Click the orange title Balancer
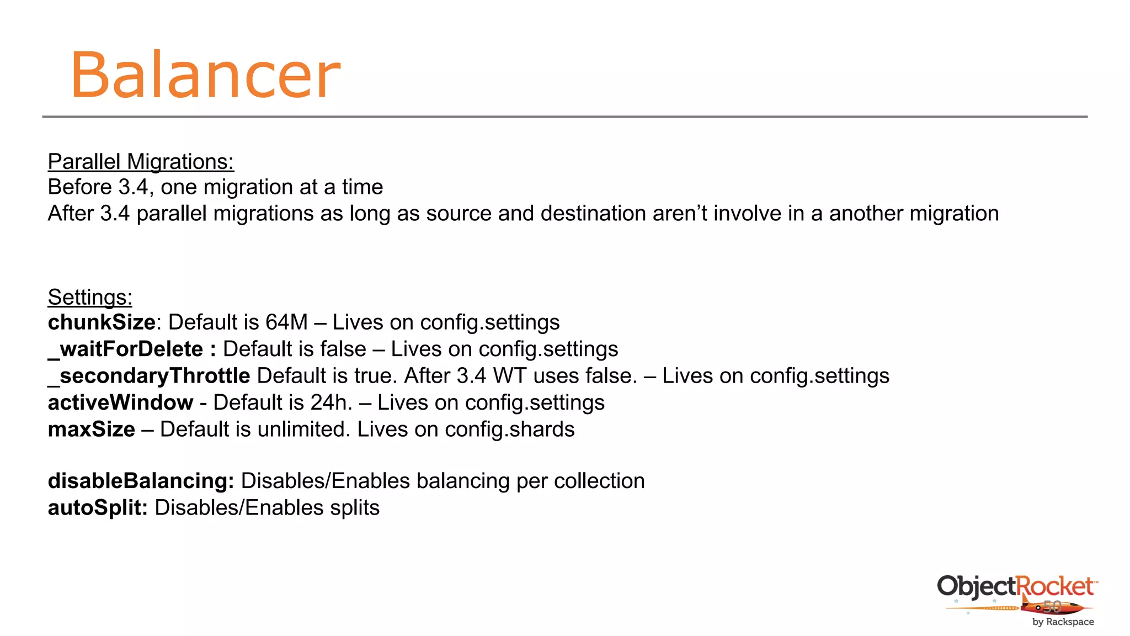coord(205,75)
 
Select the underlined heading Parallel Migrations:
coord(141,162)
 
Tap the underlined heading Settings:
coord(90,297)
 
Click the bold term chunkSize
coord(102,322)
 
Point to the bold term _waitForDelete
coord(126,349)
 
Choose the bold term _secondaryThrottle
coord(149,376)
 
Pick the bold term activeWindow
coord(120,402)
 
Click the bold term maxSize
coord(92,430)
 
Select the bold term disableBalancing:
coord(141,481)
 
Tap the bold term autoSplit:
coord(98,508)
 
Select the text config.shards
coord(510,430)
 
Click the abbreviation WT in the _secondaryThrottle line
coord(510,376)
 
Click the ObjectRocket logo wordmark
coord(1015,586)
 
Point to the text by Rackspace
coord(1063,622)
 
